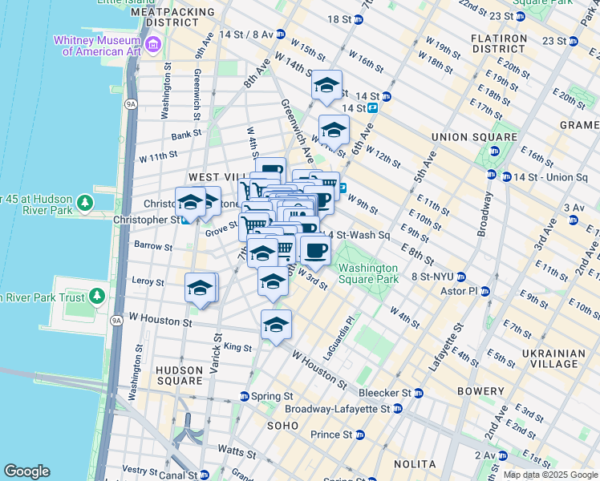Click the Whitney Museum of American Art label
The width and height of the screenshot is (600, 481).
point(96,46)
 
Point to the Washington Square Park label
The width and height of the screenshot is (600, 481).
point(367,273)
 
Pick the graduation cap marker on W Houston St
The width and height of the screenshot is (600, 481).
point(276,325)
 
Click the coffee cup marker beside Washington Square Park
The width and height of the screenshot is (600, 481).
point(316,249)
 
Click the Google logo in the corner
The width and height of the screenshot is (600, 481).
point(26,471)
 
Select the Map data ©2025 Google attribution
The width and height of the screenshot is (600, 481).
point(549,475)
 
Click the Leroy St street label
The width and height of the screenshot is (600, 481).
point(148,282)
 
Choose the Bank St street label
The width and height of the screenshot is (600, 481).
point(185,135)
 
